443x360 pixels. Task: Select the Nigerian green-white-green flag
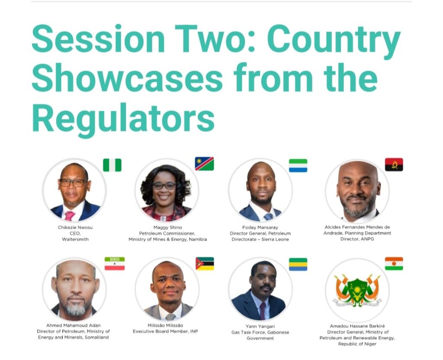(112, 165)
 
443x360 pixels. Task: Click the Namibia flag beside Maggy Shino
(204, 164)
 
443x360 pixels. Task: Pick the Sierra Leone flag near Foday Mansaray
(298, 166)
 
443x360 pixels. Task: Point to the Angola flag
(394, 164)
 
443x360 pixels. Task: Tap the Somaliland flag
(114, 264)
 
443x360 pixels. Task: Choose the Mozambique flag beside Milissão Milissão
(205, 264)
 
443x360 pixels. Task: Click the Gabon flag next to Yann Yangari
(298, 264)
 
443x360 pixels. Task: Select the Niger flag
(394, 264)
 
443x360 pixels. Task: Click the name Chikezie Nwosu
(75, 227)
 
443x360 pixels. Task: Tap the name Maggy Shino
(167, 228)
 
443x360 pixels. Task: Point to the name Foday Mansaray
(260, 227)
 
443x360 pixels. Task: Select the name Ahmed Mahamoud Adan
(73, 325)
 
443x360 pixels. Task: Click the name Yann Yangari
(260, 326)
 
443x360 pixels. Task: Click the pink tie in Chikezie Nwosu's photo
(70, 216)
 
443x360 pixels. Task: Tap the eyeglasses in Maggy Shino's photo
(165, 186)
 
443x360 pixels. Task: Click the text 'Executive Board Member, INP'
(165, 331)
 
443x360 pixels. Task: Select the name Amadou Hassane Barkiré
(357, 326)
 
